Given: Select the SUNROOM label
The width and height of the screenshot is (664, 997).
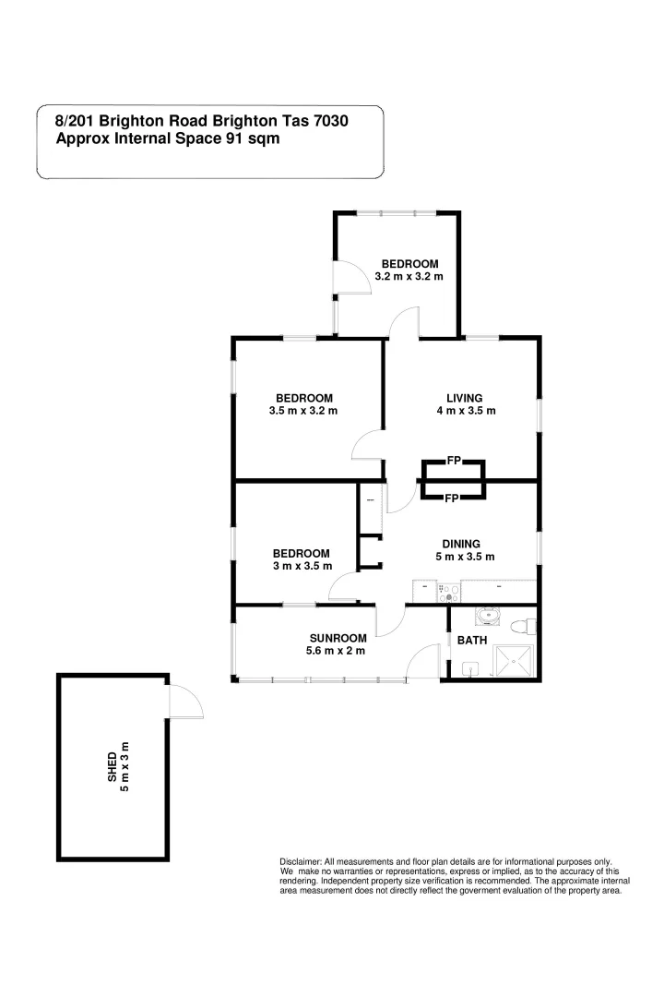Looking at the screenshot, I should [338, 638].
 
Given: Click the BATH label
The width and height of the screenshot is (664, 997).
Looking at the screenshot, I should [472, 640].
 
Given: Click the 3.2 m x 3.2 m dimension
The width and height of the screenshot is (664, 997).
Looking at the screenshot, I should [409, 276].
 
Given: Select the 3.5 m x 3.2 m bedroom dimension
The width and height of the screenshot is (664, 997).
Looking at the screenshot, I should [302, 410].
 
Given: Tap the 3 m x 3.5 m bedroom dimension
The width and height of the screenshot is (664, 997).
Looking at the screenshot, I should [302, 566].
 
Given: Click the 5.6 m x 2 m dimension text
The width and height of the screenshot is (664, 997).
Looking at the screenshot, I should [338, 651].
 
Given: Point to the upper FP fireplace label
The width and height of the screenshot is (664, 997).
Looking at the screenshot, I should [453, 460].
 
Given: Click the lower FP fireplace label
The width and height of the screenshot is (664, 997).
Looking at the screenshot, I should [452, 498].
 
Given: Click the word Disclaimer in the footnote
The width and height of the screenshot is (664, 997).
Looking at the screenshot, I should [301, 859].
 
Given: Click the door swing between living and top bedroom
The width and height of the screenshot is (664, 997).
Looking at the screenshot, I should [404, 322].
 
